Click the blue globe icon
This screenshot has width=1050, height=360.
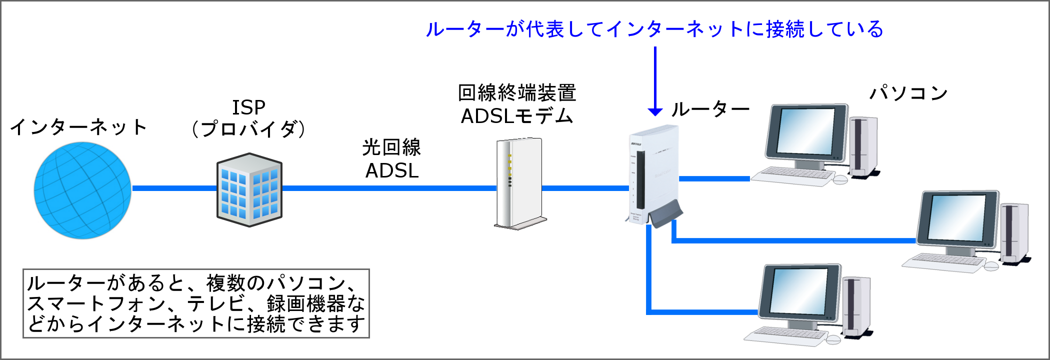tap(82, 190)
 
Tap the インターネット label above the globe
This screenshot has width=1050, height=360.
tap(78, 127)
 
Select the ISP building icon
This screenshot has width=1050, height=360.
tap(249, 190)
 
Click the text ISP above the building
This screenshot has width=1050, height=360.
tap(248, 107)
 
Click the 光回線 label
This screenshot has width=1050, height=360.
tap(391, 147)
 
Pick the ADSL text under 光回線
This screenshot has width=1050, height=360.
tap(392, 171)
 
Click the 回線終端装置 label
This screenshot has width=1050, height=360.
tap(517, 93)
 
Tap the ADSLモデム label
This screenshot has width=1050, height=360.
tap(517, 116)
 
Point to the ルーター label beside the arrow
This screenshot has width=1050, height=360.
tap(710, 109)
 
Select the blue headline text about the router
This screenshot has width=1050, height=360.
tap(654, 29)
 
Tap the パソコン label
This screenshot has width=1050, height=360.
tap(908, 93)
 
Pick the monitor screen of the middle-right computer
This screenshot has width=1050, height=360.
tap(956, 218)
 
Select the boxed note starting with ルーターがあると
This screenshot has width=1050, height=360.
tap(196, 303)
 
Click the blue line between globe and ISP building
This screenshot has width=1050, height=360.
tap(174, 188)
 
